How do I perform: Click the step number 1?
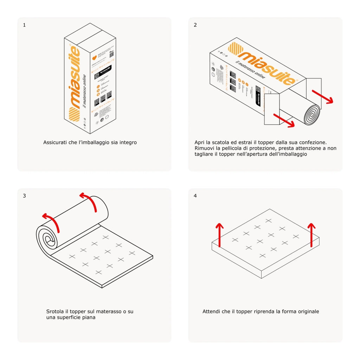point(24,25)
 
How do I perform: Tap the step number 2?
point(195,25)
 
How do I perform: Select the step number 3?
point(24,196)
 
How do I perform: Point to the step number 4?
point(195,196)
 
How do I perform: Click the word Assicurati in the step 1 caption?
point(55,142)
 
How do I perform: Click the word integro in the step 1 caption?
point(128,142)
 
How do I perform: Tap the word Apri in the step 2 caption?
point(200,142)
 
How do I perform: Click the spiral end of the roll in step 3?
point(49,240)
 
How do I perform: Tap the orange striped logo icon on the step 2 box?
point(235,49)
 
